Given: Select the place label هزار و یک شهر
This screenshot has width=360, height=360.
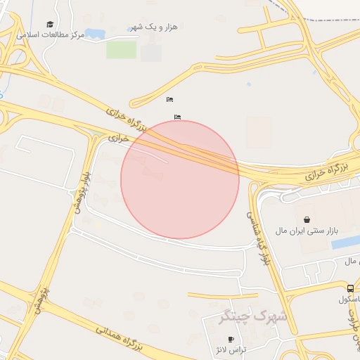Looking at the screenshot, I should tap(154, 27).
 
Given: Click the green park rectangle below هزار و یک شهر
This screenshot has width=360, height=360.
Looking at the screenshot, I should tap(121, 50).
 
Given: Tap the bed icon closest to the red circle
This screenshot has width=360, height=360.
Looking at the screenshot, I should tap(176, 117).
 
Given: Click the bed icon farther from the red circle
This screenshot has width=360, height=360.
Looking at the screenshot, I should tap(169, 99).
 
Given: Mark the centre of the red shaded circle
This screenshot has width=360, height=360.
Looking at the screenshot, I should tap(180, 179).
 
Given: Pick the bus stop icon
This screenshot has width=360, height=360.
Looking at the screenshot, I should tap(350, 288).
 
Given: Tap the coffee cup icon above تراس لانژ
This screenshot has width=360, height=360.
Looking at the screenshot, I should tap(231, 340).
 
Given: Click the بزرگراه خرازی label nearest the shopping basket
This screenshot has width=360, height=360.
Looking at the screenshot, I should tap(328, 170).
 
